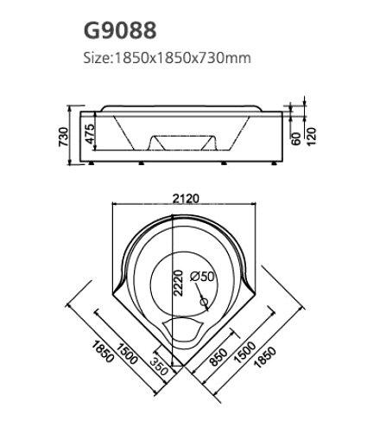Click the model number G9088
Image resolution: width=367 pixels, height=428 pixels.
click(120, 32)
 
